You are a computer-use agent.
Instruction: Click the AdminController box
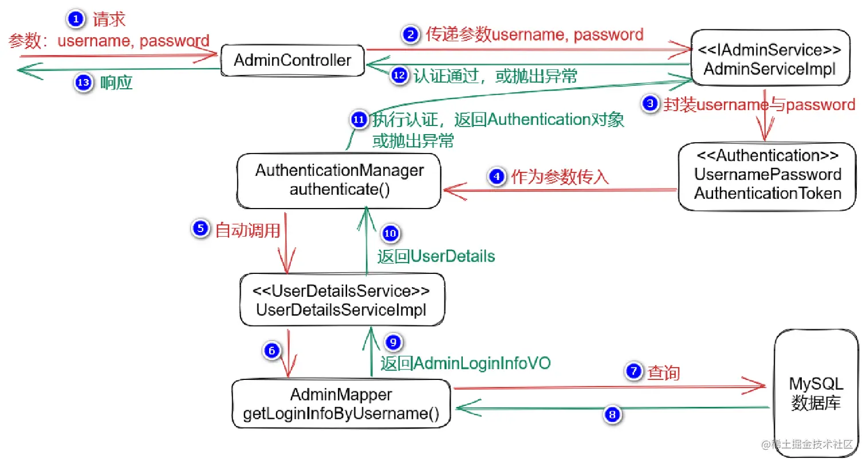click(293, 60)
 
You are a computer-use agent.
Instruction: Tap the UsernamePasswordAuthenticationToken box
click(767, 175)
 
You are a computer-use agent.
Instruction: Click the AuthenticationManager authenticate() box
click(340, 180)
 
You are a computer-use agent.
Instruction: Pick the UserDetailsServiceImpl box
click(341, 300)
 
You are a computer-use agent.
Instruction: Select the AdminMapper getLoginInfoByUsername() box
click(341, 405)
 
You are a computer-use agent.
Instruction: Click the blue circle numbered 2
click(411, 35)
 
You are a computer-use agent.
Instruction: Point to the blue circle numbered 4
click(497, 177)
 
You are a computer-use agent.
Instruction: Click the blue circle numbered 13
click(83, 83)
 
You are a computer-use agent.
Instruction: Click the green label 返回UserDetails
click(436, 256)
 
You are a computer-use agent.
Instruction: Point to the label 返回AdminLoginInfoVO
click(466, 363)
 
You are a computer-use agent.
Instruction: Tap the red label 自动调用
click(247, 230)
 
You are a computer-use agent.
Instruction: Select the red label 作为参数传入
click(559, 177)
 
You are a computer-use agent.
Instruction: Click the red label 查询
click(663, 373)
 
